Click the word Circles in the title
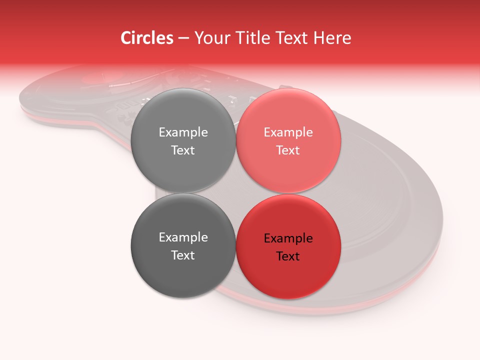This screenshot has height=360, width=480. click(147, 38)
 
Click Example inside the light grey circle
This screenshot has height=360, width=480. click(183, 132)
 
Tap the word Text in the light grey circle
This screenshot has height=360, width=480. click(183, 150)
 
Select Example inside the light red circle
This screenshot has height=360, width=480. click(288, 132)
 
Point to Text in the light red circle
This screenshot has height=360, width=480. click(288, 150)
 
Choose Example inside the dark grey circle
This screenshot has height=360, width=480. click(183, 237)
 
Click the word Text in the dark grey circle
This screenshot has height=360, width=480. click(183, 255)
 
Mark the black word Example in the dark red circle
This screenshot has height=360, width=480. click(288, 238)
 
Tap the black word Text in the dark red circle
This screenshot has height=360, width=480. click(288, 256)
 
